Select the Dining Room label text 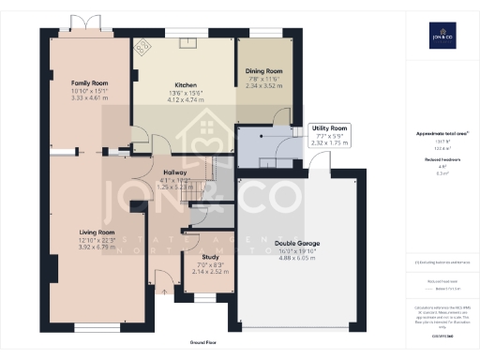(x=263, y=70)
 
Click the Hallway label (x=176, y=172)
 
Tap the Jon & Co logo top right (x=440, y=37)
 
